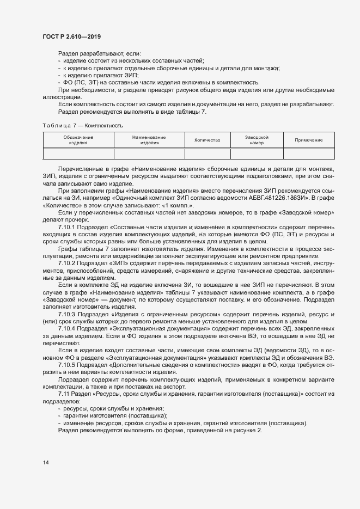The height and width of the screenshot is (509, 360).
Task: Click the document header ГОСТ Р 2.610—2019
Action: pyautogui.click(x=71, y=36)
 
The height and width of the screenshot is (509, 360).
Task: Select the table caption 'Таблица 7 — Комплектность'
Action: pyautogui.click(x=83, y=125)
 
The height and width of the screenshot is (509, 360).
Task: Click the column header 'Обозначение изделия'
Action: pyautogui.click(x=78, y=140)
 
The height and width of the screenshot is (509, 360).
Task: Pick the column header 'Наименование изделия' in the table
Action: pyautogui.click(x=149, y=140)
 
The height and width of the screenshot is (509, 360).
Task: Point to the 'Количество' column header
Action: pyautogui.click(x=207, y=140)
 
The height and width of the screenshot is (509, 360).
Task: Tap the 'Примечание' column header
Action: pyautogui.click(x=308, y=140)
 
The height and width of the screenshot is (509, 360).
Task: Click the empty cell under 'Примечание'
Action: pyautogui.click(x=308, y=154)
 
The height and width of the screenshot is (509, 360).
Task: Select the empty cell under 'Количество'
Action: pyautogui.click(x=207, y=154)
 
